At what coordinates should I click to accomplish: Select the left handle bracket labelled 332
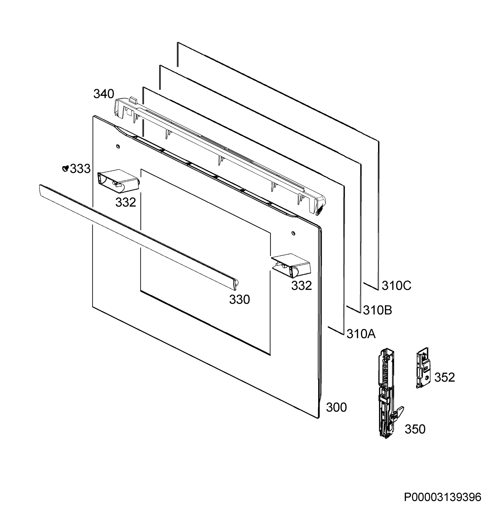[x=118, y=181]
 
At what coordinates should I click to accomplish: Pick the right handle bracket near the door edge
[x=291, y=266]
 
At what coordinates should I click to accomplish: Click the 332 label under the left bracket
[x=126, y=202]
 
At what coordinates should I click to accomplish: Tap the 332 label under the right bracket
[x=301, y=286]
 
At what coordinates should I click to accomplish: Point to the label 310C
[x=396, y=286]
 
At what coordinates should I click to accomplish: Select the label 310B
[x=377, y=310]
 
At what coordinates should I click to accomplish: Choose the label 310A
[x=361, y=334]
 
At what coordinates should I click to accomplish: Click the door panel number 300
[x=336, y=407]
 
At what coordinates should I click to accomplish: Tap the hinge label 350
[x=415, y=429]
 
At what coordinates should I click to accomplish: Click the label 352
[x=445, y=377]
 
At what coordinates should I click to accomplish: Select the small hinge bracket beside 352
[x=423, y=368]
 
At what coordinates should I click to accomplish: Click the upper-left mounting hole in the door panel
[x=118, y=147]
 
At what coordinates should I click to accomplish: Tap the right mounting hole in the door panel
[x=293, y=233]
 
